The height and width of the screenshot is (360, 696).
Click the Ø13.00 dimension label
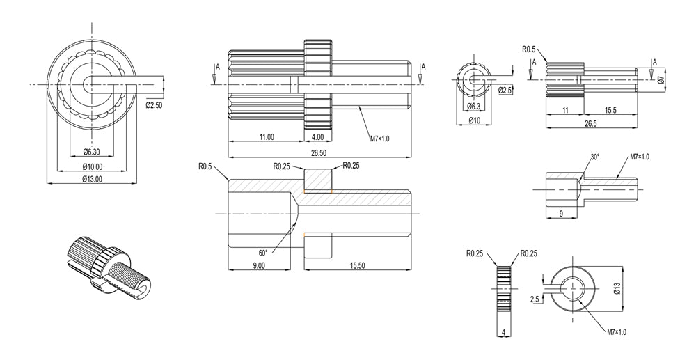(93, 178)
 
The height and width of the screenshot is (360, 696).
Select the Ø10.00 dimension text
(93, 166)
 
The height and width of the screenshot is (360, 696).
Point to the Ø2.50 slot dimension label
(155, 105)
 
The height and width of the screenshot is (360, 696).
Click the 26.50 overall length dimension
(319, 152)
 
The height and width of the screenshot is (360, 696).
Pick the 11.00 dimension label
(266, 137)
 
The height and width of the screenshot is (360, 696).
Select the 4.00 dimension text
(318, 137)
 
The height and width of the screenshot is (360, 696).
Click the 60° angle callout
(263, 253)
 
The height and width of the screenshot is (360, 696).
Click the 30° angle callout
(595, 157)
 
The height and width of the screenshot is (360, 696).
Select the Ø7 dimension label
(662, 80)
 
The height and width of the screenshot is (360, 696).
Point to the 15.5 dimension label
(610, 110)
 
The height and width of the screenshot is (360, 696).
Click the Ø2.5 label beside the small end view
(505, 91)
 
